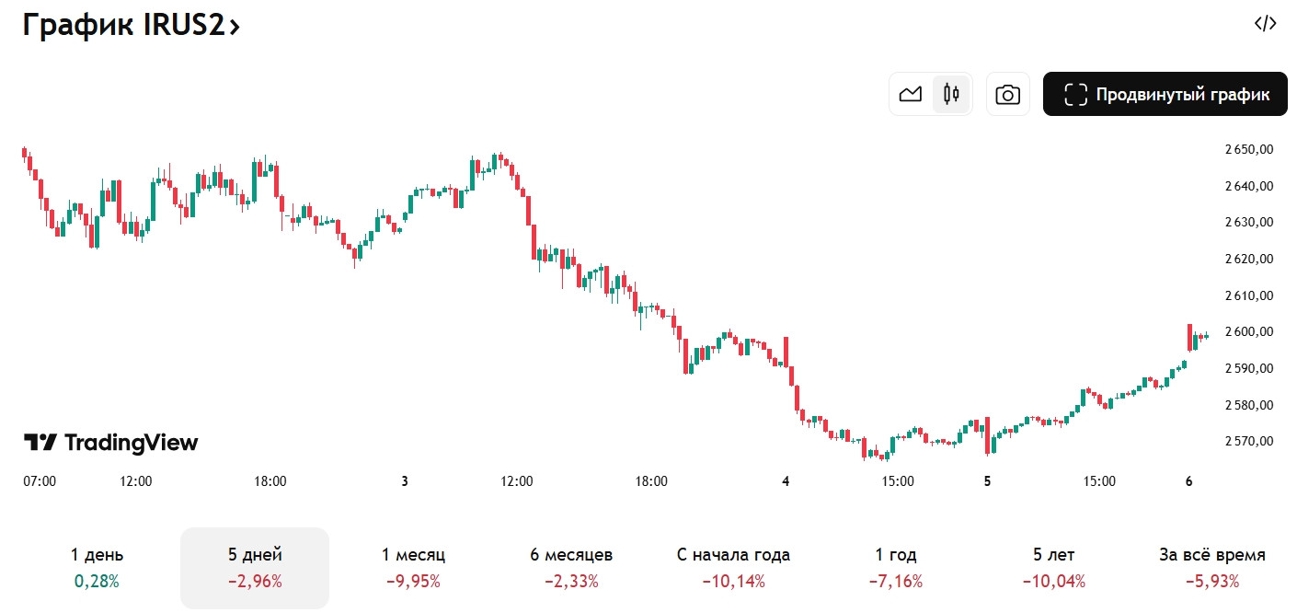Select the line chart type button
[x=911, y=94]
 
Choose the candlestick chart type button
[x=951, y=94]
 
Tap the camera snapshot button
[x=1007, y=94]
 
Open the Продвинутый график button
[x=1165, y=94]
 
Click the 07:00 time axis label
[x=40, y=480]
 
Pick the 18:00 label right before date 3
[x=270, y=480]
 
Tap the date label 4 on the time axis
[x=786, y=480]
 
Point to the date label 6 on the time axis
[x=1188, y=480]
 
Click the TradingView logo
[x=110, y=443]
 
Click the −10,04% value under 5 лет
[x=1053, y=582]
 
